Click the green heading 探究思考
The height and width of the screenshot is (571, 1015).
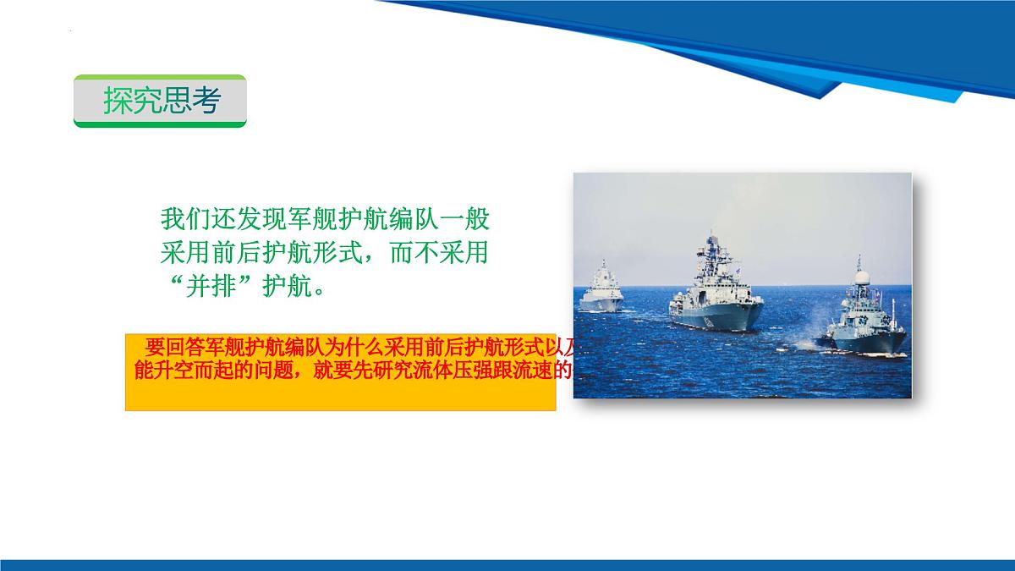(x=161, y=101)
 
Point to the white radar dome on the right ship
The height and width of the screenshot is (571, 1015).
(x=861, y=277)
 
